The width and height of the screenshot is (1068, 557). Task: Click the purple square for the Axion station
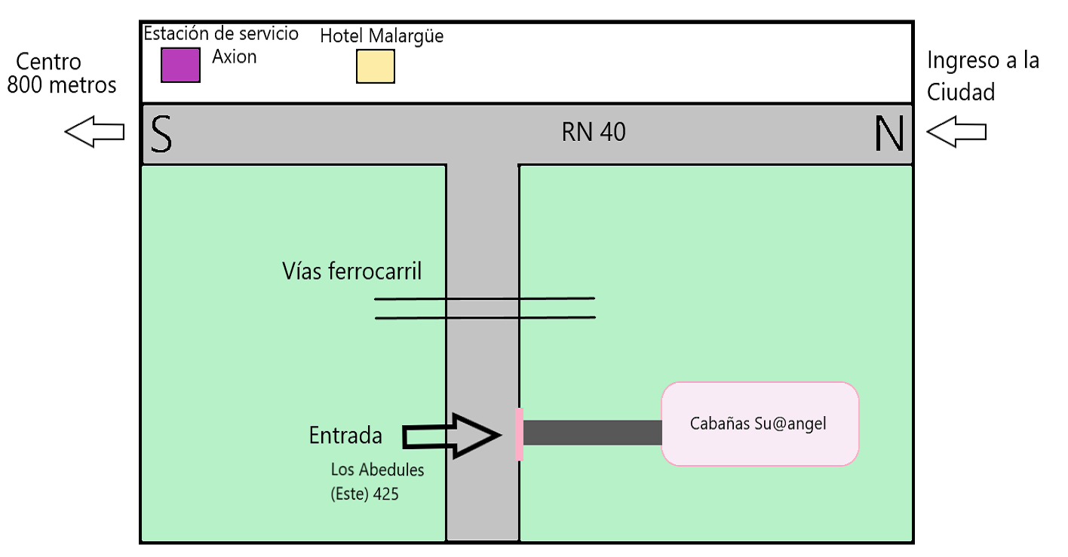click(x=180, y=64)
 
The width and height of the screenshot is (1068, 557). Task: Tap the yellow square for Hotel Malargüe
click(x=375, y=66)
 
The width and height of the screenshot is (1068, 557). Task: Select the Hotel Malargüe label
click(x=382, y=35)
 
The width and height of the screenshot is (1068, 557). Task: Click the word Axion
click(x=234, y=57)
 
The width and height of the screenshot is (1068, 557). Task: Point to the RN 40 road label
click(x=594, y=132)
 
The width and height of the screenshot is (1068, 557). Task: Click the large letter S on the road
click(x=161, y=134)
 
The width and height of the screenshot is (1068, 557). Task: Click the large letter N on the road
click(x=888, y=134)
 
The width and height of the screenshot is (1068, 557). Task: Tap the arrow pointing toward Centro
click(x=95, y=132)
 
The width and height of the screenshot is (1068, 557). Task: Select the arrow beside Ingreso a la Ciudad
click(x=956, y=132)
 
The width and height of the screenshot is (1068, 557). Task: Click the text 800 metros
click(x=62, y=84)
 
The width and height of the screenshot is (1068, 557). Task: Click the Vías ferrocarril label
click(x=351, y=271)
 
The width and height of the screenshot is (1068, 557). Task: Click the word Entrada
click(x=345, y=435)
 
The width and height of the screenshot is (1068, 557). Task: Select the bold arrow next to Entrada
click(x=453, y=436)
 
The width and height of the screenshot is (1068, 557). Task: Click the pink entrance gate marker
click(x=519, y=433)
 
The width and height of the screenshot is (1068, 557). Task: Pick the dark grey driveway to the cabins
click(x=592, y=433)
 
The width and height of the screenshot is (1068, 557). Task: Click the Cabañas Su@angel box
click(x=760, y=424)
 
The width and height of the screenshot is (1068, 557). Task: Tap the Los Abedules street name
click(x=377, y=470)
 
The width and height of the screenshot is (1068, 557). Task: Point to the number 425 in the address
click(x=385, y=495)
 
